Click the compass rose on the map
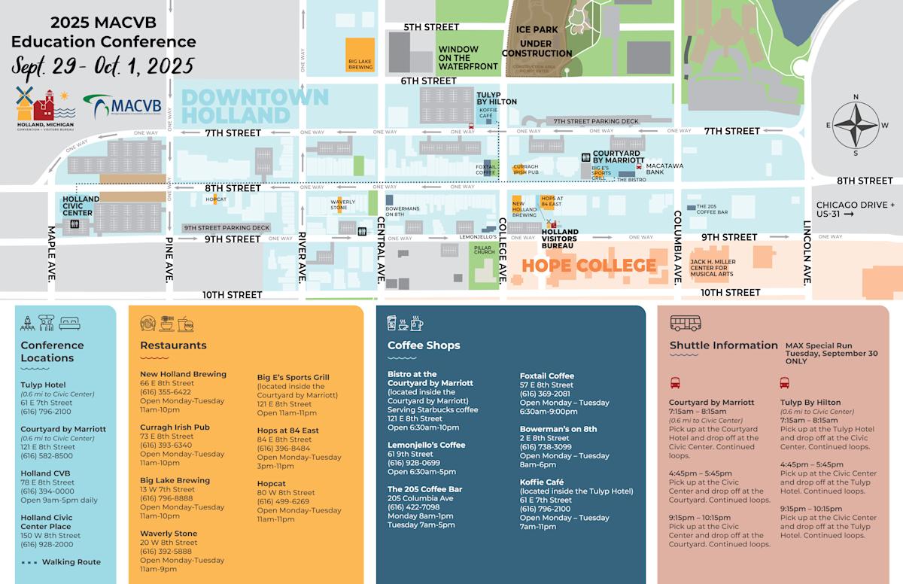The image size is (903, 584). [x=856, y=124]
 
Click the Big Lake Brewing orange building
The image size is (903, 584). [x=360, y=54]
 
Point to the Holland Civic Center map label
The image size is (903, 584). [x=81, y=206]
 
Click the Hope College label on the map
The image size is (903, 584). [x=588, y=266]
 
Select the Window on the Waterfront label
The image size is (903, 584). [x=467, y=58]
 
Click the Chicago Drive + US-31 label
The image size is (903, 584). [x=856, y=209]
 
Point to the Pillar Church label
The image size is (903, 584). [x=484, y=248]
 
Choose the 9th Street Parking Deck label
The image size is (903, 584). [x=227, y=227]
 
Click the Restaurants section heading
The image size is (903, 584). [x=173, y=345]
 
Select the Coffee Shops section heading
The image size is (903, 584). [x=423, y=345]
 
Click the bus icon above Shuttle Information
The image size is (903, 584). [x=685, y=324]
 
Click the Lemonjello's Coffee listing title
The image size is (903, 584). [x=426, y=445]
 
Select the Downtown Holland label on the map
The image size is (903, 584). [x=255, y=106]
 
